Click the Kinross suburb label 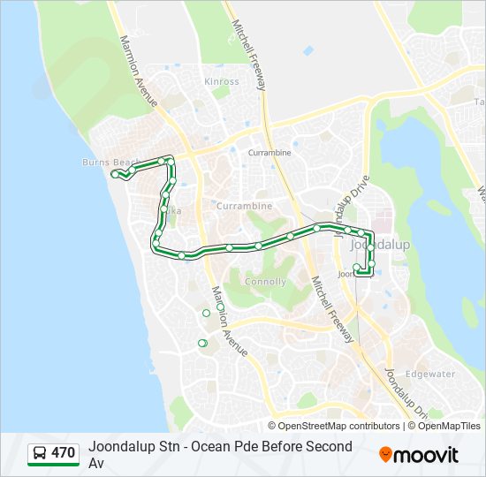(221, 81)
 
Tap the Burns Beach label (110, 163)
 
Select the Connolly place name (265, 282)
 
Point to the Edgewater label (430, 374)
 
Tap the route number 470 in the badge (63, 453)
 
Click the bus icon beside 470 (40, 454)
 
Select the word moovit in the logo (428, 455)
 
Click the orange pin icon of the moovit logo (386, 454)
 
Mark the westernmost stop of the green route (114, 174)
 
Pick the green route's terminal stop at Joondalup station (356, 267)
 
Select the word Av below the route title (96, 463)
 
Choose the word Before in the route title (275, 447)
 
